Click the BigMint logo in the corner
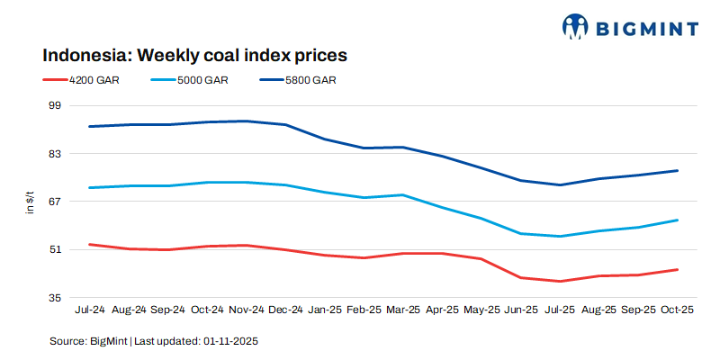pos(630,26)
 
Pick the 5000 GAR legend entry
pos(202,80)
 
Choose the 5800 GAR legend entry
pos(310,80)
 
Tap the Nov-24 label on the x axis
pos(246,310)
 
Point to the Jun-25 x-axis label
pos(520,310)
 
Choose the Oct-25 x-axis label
pos(677,310)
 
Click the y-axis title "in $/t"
pos(31,202)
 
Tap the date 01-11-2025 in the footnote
pos(231,342)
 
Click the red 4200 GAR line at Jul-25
pos(560,282)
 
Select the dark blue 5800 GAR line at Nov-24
pos(246,121)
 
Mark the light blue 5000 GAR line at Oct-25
pos(677,220)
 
